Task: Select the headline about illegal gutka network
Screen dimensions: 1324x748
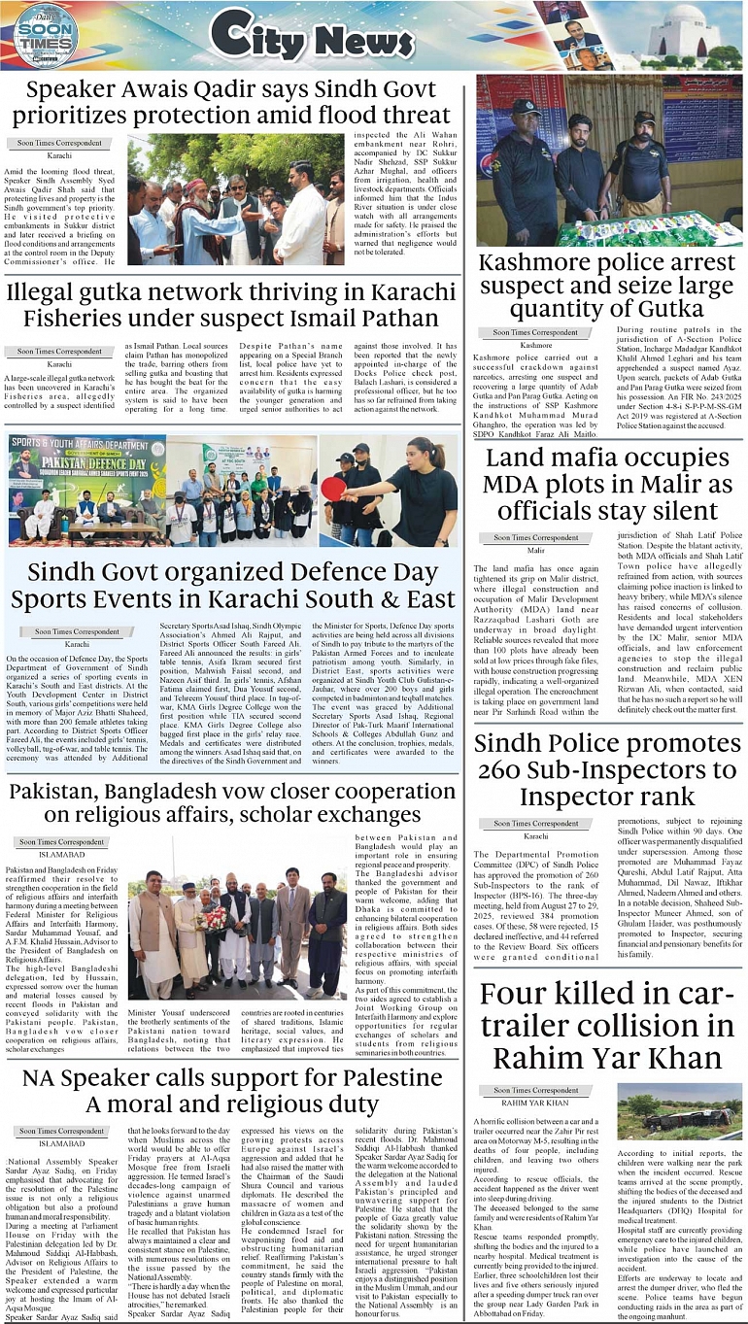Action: point(233,305)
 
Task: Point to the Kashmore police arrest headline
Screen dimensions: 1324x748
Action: point(606,287)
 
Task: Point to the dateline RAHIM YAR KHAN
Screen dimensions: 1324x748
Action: point(535,1103)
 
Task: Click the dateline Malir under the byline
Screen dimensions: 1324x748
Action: point(535,550)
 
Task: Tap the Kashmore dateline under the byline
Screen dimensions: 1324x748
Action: point(535,344)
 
